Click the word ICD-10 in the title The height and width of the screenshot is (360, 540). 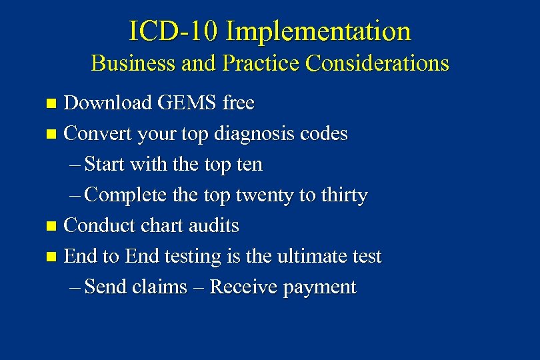[x=173, y=31]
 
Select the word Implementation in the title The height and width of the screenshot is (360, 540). [x=318, y=31]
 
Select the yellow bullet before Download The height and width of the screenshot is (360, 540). [x=52, y=104]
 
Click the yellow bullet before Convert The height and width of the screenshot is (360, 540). [x=52, y=135]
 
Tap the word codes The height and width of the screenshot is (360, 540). [x=324, y=134]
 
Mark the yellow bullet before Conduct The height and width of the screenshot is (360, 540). [x=52, y=227]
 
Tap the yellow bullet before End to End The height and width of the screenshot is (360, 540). [x=52, y=257]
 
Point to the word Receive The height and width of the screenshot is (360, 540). [x=244, y=287]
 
